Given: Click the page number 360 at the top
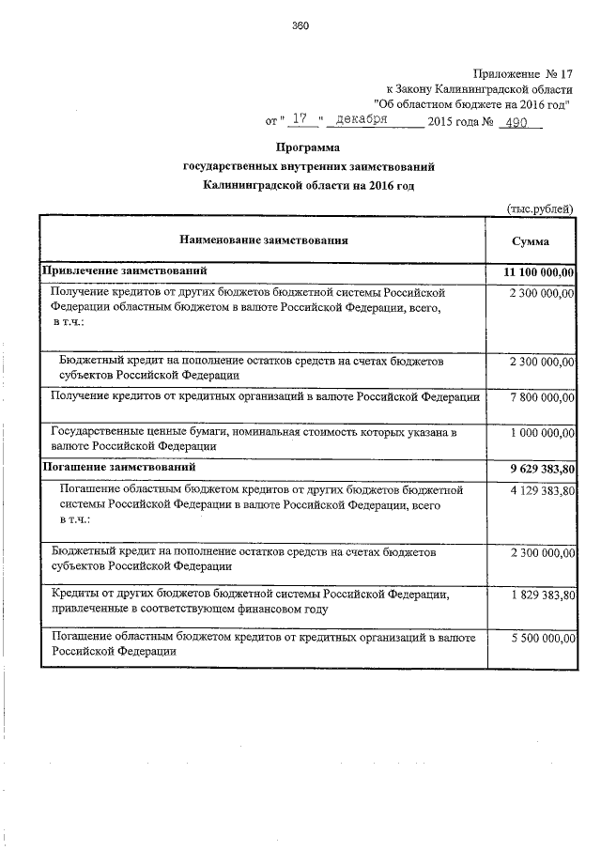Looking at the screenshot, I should pyautogui.click(x=300, y=25).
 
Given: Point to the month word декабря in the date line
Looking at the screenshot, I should pyautogui.click(x=362, y=121).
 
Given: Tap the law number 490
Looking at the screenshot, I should pyautogui.click(x=514, y=122).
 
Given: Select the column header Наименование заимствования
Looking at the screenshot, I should pyautogui.click(x=262, y=240).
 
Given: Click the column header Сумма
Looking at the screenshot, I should pyautogui.click(x=531, y=240).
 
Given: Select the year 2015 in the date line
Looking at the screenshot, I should pyautogui.click(x=439, y=122).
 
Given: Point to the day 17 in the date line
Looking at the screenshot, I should pyautogui.click(x=300, y=121).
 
